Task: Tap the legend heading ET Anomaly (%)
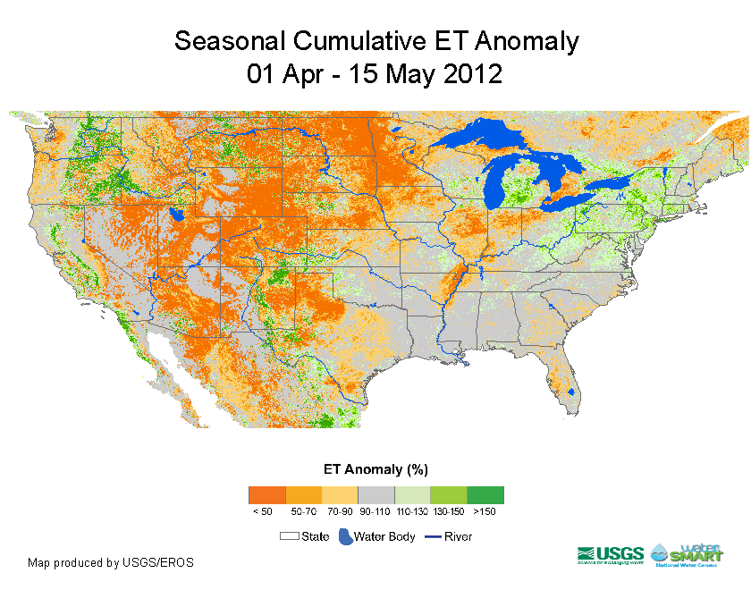[375, 468]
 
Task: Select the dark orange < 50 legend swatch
[266, 494]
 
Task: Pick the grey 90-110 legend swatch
[375, 494]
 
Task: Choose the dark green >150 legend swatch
[485, 494]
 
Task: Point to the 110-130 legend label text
[412, 511]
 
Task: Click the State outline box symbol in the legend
[289, 536]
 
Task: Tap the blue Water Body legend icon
[344, 536]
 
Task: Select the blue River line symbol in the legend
[432, 536]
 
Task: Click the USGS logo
[612, 554]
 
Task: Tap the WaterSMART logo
[688, 554]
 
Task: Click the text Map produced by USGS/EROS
[111, 563]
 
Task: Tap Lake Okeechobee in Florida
[570, 392]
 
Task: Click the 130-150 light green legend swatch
[449, 494]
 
